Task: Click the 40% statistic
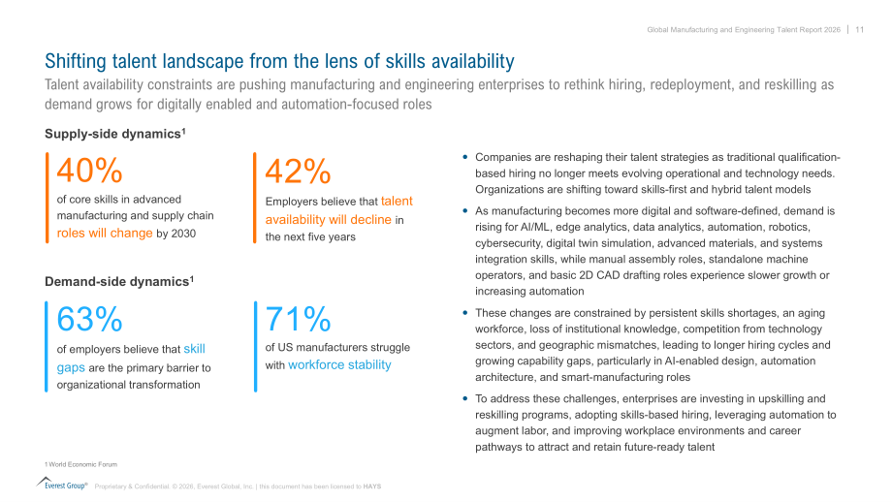click(89, 170)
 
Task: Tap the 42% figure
click(298, 171)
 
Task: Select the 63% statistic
click(89, 319)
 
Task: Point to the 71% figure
click(298, 319)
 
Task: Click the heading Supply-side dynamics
click(115, 134)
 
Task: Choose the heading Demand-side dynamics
click(119, 281)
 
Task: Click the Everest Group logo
click(62, 484)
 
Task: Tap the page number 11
click(860, 30)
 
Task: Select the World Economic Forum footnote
click(80, 464)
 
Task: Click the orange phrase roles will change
click(105, 234)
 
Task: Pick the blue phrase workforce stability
click(339, 365)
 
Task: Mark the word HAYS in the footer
click(372, 486)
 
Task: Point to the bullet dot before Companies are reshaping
click(465, 157)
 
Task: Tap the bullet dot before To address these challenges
click(465, 398)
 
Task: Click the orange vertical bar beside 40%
click(48, 198)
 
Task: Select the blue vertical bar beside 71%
click(255, 346)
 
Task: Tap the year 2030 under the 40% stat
click(183, 234)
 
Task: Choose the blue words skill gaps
click(131, 359)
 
